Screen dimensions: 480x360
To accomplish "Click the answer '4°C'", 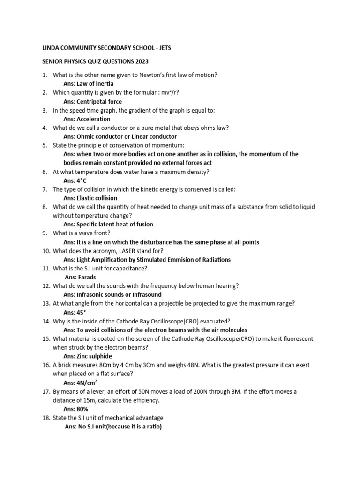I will [81, 180].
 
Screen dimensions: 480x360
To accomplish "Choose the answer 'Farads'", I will [86, 277].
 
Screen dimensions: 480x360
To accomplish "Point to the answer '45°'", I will [82, 312].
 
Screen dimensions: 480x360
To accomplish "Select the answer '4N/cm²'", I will [87, 382].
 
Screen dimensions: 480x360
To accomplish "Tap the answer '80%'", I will [82, 409].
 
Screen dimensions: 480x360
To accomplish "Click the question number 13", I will [46, 304].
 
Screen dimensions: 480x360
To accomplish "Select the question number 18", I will [46, 418].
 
